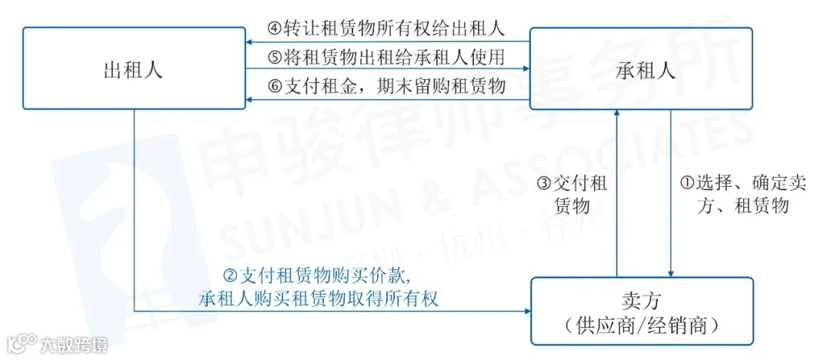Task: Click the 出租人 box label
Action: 133,70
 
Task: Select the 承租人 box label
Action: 646,70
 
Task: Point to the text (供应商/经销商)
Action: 640,325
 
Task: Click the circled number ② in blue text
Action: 229,275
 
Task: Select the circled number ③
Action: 544,185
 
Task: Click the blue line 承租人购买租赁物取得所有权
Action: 318,297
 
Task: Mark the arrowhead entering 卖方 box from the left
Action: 526,311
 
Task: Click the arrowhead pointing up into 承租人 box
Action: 616,115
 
